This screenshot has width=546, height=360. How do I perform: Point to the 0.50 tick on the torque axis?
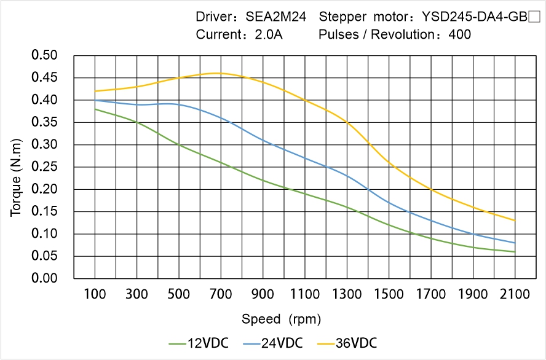point(44,56)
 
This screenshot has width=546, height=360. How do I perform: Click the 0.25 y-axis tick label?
point(44,167)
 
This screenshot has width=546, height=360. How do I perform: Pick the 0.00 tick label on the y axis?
point(44,278)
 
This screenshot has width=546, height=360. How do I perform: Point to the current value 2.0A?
point(269,34)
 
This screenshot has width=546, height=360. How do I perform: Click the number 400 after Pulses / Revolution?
point(460,34)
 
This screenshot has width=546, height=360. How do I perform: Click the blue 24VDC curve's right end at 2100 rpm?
point(515,243)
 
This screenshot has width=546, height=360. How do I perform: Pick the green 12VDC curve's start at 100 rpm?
point(95,109)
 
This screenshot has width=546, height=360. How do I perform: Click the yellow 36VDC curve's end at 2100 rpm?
point(515,221)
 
